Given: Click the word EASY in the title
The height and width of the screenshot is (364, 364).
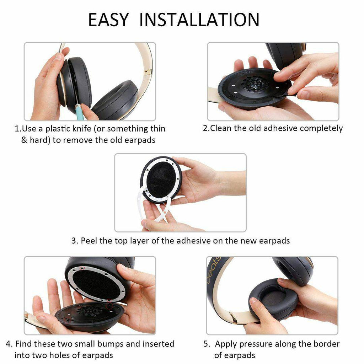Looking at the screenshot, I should pyautogui.click(x=108, y=20).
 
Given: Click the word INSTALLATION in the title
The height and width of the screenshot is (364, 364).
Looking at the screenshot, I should pyautogui.click(x=199, y=20).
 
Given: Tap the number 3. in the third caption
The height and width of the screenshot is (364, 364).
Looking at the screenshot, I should pyautogui.click(x=75, y=241).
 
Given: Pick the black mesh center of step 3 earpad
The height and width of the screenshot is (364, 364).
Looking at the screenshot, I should pyautogui.click(x=161, y=181).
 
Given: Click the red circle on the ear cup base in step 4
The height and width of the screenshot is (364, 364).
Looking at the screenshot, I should pyautogui.click(x=110, y=306).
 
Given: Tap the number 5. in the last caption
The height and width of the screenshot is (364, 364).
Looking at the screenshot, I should pyautogui.click(x=207, y=344).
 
